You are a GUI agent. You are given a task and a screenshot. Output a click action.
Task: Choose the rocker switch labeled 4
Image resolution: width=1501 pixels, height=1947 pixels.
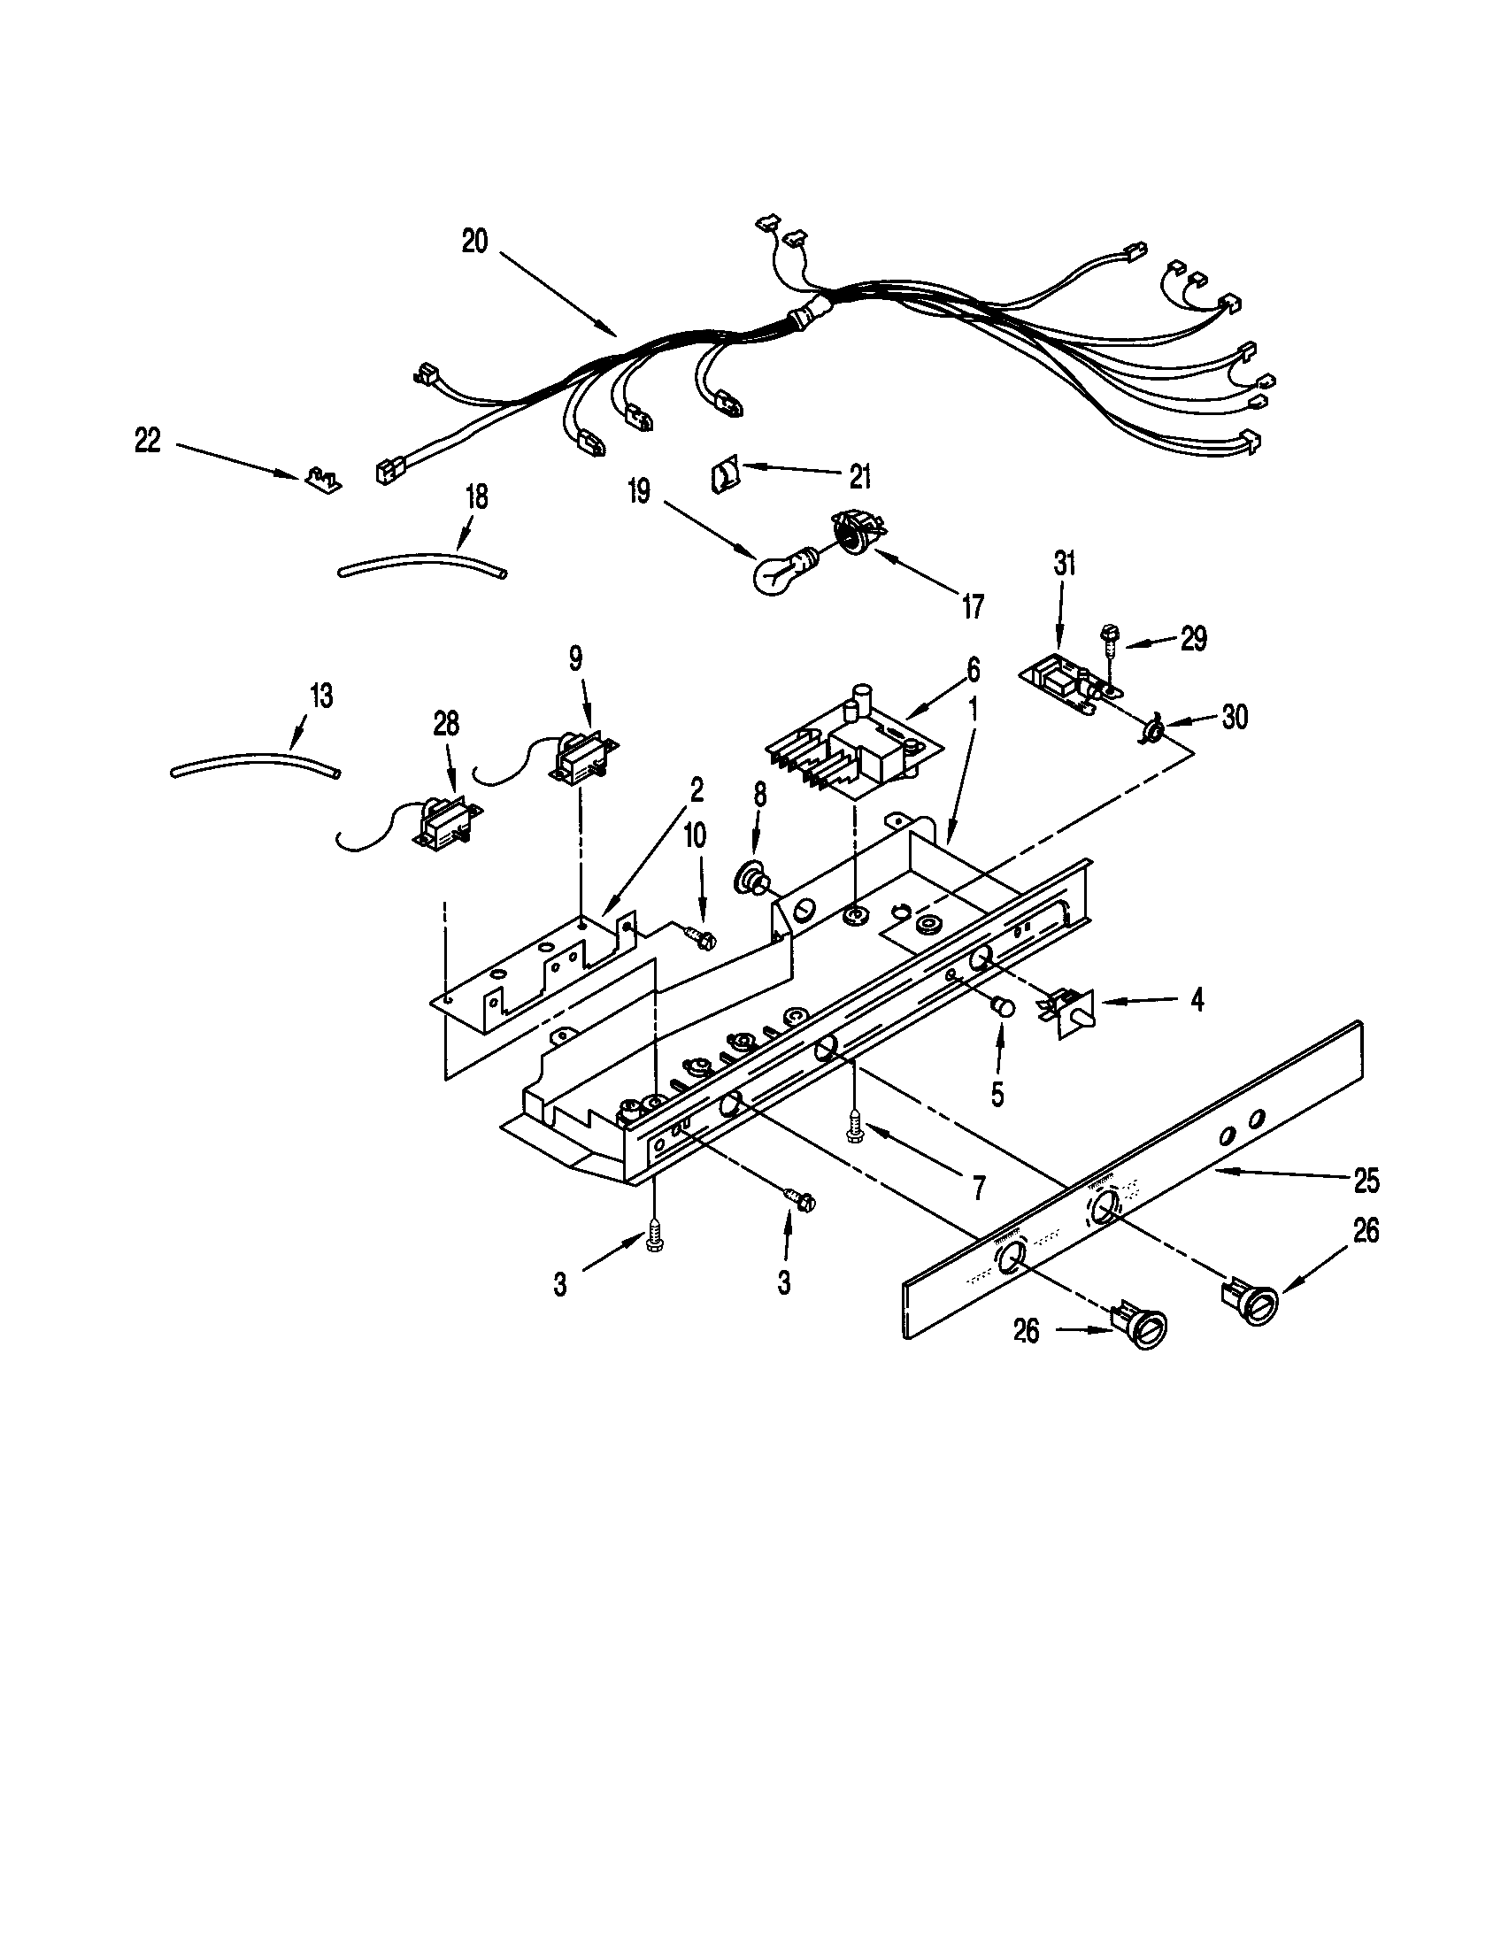[x=1069, y=1013]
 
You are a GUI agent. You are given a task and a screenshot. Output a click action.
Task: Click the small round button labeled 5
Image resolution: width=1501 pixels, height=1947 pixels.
[x=1004, y=1007]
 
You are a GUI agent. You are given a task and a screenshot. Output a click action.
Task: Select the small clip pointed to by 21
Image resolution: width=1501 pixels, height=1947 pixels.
[x=724, y=473]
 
